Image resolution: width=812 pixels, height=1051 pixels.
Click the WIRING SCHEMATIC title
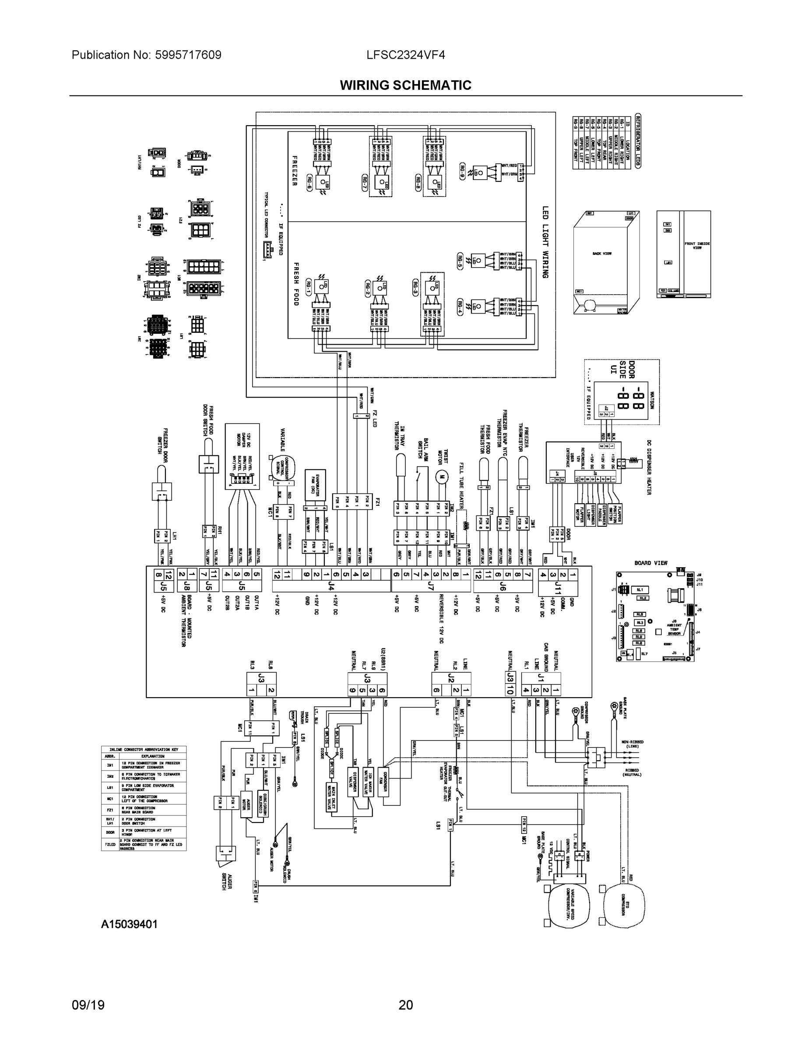point(405,85)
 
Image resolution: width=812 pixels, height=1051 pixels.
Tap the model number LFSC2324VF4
point(405,55)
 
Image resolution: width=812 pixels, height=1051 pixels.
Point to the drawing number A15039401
point(130,924)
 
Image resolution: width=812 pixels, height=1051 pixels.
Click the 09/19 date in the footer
point(88,1005)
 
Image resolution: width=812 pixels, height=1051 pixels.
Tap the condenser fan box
point(386,782)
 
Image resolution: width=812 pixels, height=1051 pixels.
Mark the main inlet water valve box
point(331,797)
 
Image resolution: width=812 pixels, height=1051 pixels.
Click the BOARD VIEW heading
point(651,563)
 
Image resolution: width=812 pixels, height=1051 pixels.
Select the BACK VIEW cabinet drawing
point(606,262)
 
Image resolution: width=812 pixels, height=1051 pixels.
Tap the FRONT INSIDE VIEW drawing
point(683,254)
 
